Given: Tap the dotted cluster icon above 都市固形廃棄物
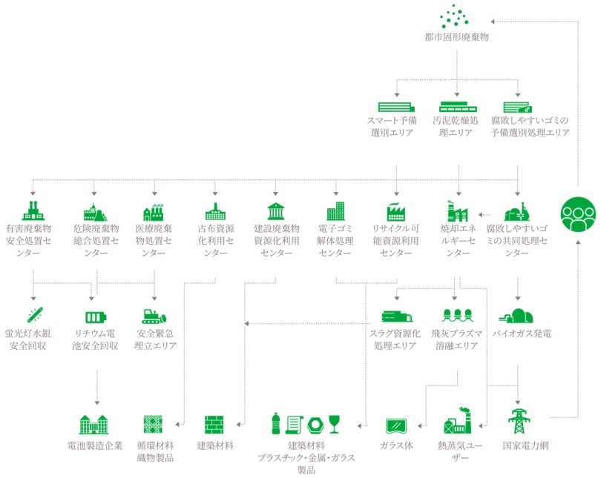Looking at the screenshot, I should [x=457, y=17].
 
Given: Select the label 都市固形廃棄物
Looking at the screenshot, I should [x=457, y=36].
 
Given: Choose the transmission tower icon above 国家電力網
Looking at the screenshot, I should [x=517, y=424].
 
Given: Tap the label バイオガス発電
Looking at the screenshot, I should [x=522, y=333].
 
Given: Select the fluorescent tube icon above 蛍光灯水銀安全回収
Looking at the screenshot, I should [x=34, y=315].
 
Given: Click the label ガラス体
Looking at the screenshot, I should [x=396, y=445].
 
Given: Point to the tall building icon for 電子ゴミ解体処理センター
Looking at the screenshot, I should [x=335, y=210].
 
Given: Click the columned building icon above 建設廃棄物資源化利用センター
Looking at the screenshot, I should [x=275, y=210].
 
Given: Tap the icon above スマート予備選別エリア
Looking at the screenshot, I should [x=395, y=107].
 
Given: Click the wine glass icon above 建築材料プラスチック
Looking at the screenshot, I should [x=334, y=424].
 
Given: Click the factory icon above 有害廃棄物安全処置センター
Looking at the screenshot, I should [x=33, y=210].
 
